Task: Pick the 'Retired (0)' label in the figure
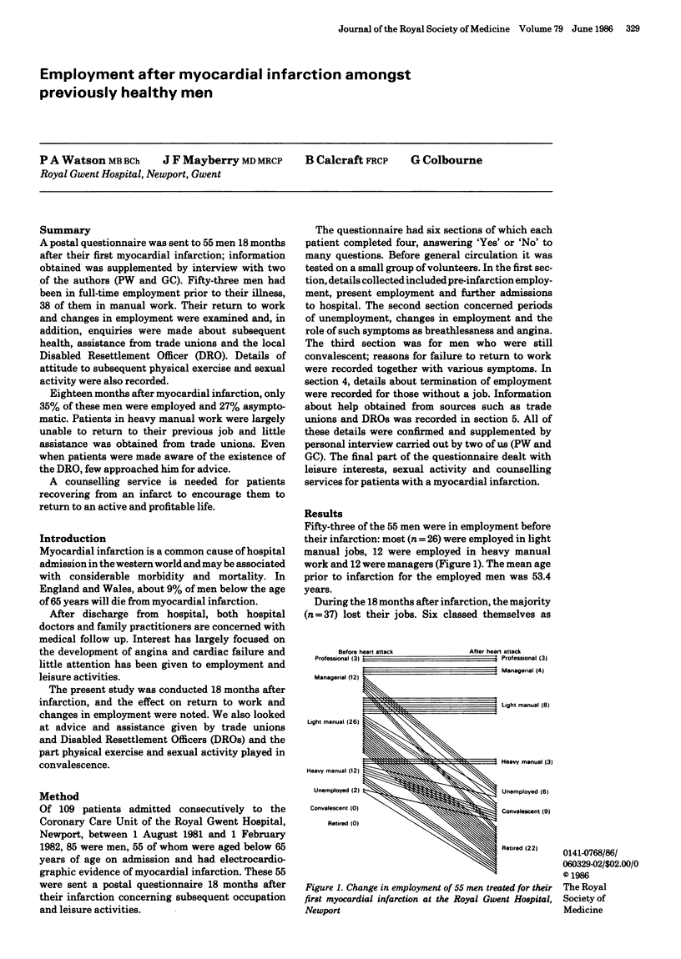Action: click(344, 824)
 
